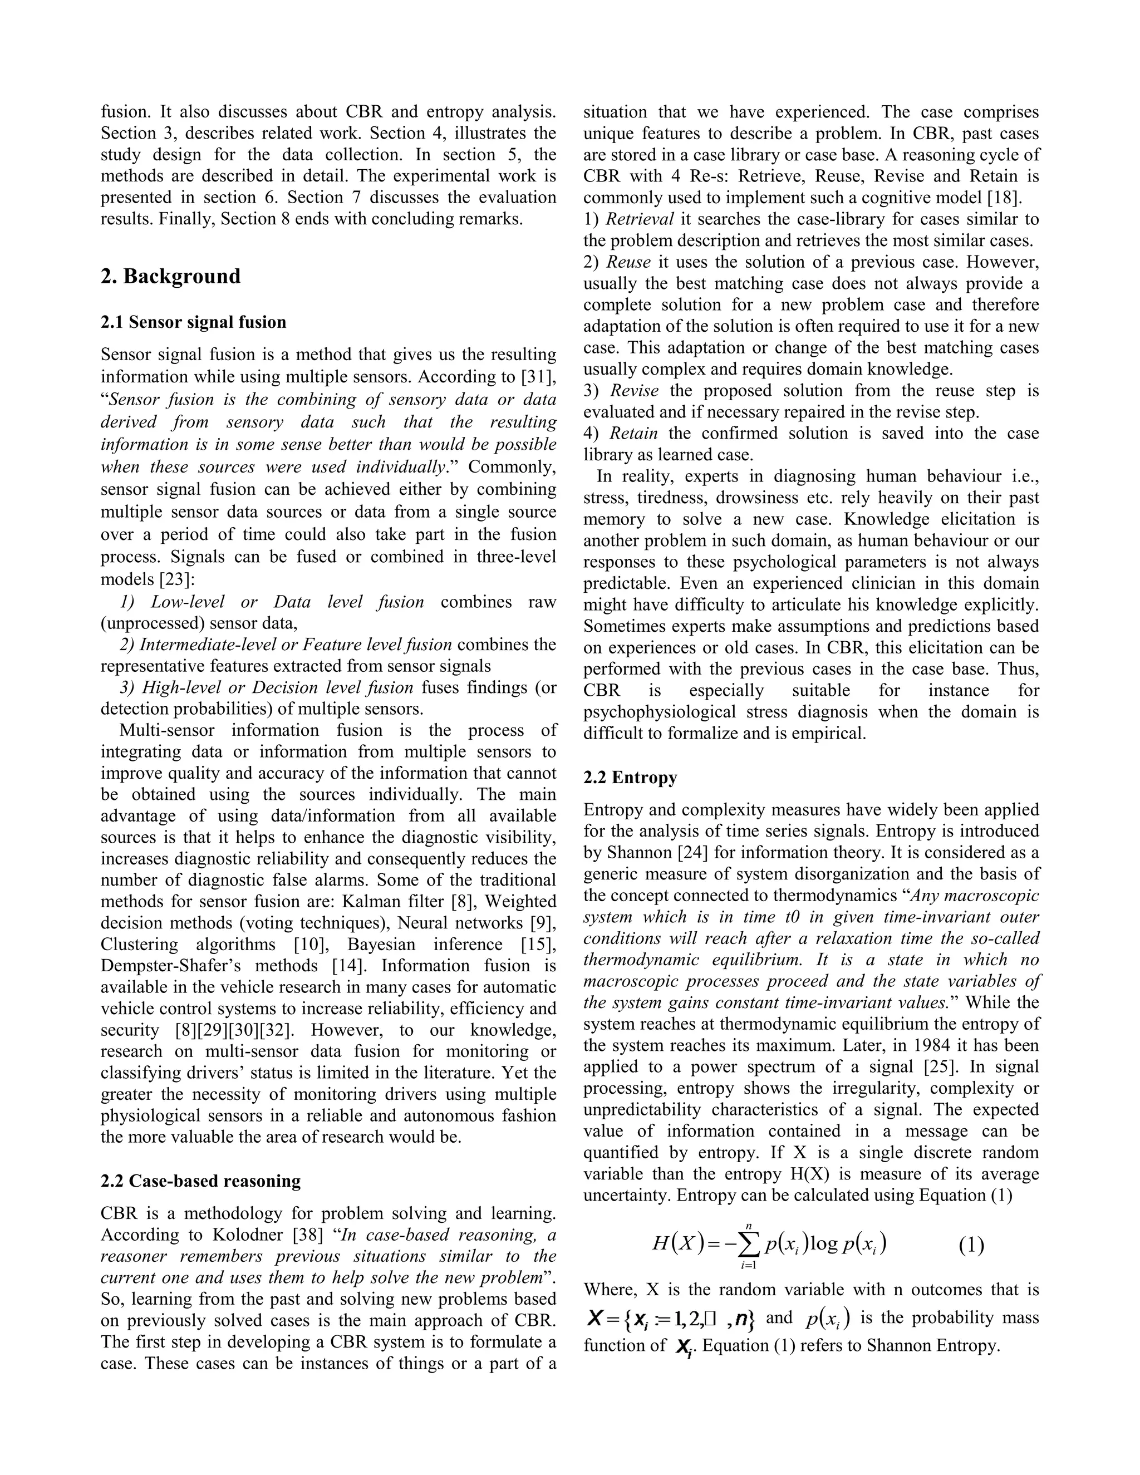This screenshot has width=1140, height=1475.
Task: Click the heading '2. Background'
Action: [x=170, y=276]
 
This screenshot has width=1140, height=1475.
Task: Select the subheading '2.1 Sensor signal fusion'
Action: [x=193, y=322]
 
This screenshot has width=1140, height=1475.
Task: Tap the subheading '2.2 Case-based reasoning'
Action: [x=200, y=1181]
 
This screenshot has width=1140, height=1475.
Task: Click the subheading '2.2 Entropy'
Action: [x=630, y=778]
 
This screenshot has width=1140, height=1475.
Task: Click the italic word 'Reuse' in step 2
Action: [x=629, y=262]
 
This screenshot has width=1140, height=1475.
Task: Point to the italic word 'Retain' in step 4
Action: [x=633, y=433]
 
